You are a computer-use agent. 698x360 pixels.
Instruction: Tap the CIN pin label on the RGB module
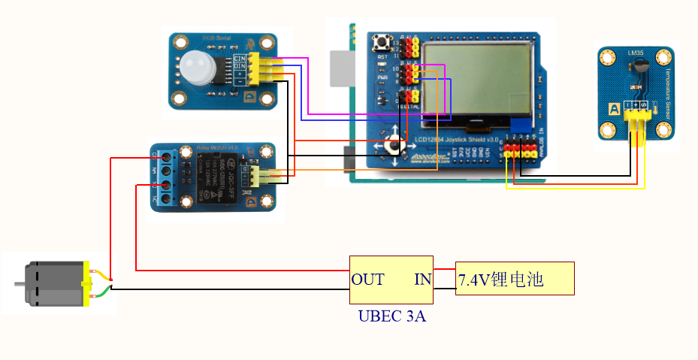(x=240, y=58)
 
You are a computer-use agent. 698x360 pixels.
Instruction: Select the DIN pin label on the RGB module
(x=240, y=66)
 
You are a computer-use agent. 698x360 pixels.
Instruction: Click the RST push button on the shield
(x=389, y=42)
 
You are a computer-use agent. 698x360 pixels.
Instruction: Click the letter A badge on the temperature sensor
(x=614, y=110)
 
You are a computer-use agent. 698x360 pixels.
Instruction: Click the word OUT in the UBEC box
(x=367, y=280)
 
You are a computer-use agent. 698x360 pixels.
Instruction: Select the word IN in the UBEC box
(x=422, y=280)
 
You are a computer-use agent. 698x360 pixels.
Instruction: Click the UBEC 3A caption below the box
(x=391, y=316)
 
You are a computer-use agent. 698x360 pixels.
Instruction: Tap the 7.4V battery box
(x=515, y=280)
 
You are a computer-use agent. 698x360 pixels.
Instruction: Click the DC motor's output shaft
(x=20, y=283)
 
